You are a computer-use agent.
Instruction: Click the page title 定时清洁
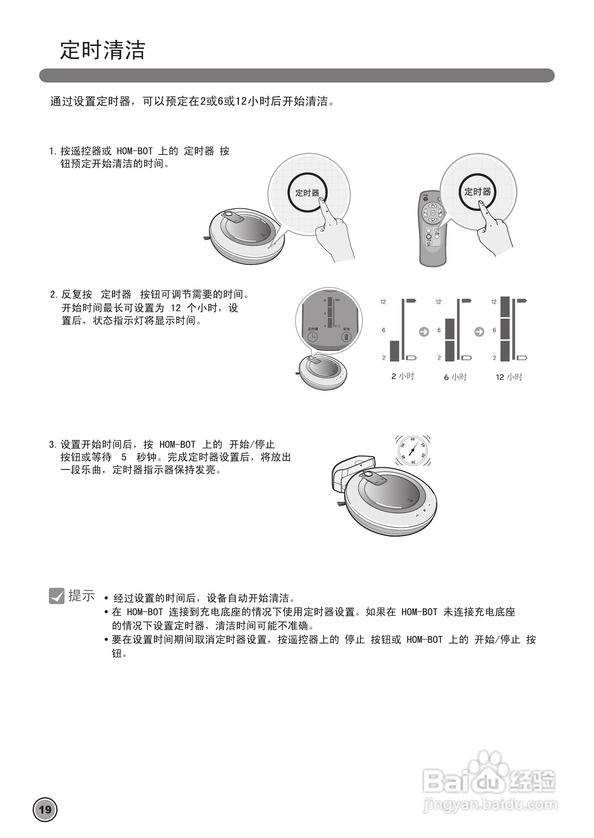pyautogui.click(x=103, y=50)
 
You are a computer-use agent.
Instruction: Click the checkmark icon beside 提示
pyautogui.click(x=57, y=596)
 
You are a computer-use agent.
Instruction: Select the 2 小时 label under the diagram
pyautogui.click(x=403, y=377)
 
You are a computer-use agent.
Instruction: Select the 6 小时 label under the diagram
pyautogui.click(x=455, y=377)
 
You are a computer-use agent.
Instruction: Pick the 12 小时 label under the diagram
pyautogui.click(x=509, y=377)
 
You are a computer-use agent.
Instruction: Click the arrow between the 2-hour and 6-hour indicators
pyautogui.click(x=424, y=332)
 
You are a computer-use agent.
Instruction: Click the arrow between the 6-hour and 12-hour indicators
pyautogui.click(x=479, y=332)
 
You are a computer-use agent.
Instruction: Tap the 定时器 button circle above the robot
pyautogui.click(x=307, y=193)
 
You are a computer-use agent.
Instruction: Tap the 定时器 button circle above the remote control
pyautogui.click(x=477, y=192)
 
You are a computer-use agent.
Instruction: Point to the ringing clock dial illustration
pyautogui.click(x=413, y=450)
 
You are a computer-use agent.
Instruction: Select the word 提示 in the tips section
pyautogui.click(x=81, y=596)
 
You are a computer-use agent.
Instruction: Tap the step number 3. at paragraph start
pyautogui.click(x=53, y=445)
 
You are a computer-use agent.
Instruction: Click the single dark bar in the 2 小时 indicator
pyautogui.click(x=395, y=351)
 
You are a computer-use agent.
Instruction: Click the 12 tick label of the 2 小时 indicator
pyautogui.click(x=383, y=302)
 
